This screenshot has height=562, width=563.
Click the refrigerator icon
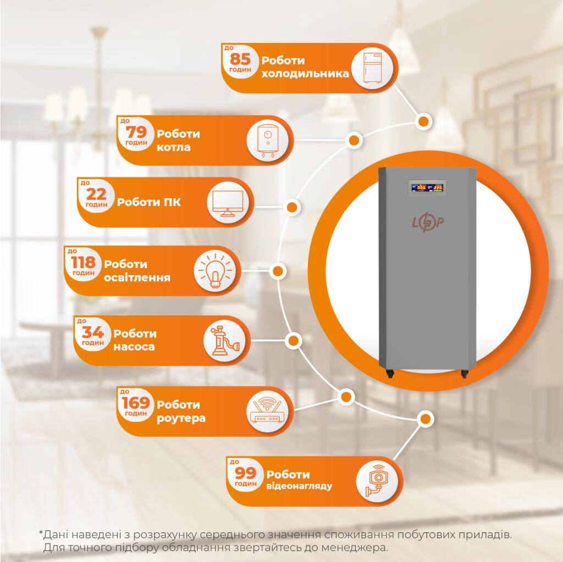coord(372,68)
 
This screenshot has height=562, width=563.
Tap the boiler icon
coord(268,141)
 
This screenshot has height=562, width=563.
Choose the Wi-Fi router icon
coord(267,411)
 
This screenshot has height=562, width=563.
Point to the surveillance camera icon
coord(377,481)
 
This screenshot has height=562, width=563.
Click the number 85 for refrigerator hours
coord(240,59)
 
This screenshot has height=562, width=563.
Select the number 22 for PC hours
coord(96,194)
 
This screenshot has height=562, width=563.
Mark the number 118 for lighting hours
coord(83,263)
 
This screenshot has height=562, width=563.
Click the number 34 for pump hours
coord(92,332)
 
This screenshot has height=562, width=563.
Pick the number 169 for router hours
coord(135,403)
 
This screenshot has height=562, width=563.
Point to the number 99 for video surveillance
coord(245,474)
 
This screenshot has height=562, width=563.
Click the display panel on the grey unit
coord(427,187)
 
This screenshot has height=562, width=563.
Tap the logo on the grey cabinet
coord(428,223)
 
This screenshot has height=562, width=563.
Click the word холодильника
coord(305,74)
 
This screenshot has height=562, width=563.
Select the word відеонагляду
coord(299,486)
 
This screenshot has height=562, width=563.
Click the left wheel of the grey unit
coord(390,374)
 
